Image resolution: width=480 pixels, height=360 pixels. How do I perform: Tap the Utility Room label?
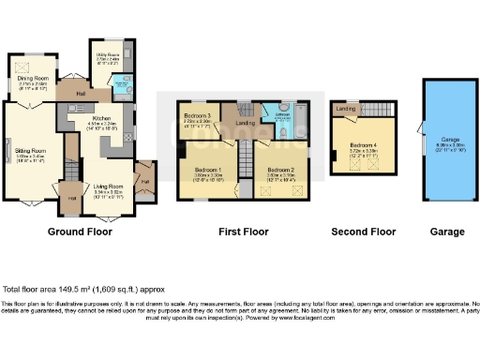(x=103, y=56)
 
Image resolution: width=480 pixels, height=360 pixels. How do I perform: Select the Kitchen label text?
(x=101, y=119)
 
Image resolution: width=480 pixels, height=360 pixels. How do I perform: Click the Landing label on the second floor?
(x=345, y=110)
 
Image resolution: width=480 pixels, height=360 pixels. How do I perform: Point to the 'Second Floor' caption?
(x=363, y=230)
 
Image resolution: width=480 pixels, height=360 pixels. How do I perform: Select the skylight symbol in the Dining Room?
(x=21, y=67)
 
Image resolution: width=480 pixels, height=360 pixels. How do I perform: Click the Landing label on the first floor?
(x=246, y=122)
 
